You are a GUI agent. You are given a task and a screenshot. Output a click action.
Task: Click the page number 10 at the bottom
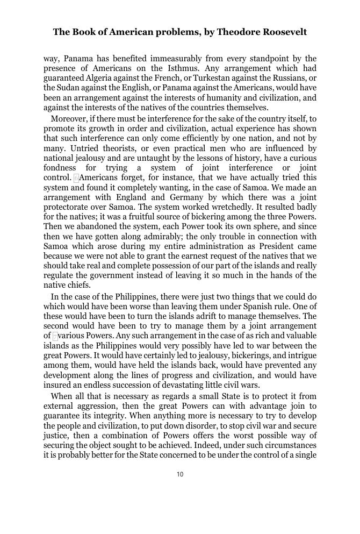pos(180,474)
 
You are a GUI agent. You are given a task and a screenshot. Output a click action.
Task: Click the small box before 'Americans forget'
pos(76,178)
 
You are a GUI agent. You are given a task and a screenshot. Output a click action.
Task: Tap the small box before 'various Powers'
pos(55,337)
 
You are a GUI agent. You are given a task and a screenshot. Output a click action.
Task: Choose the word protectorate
pos(67,207)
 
